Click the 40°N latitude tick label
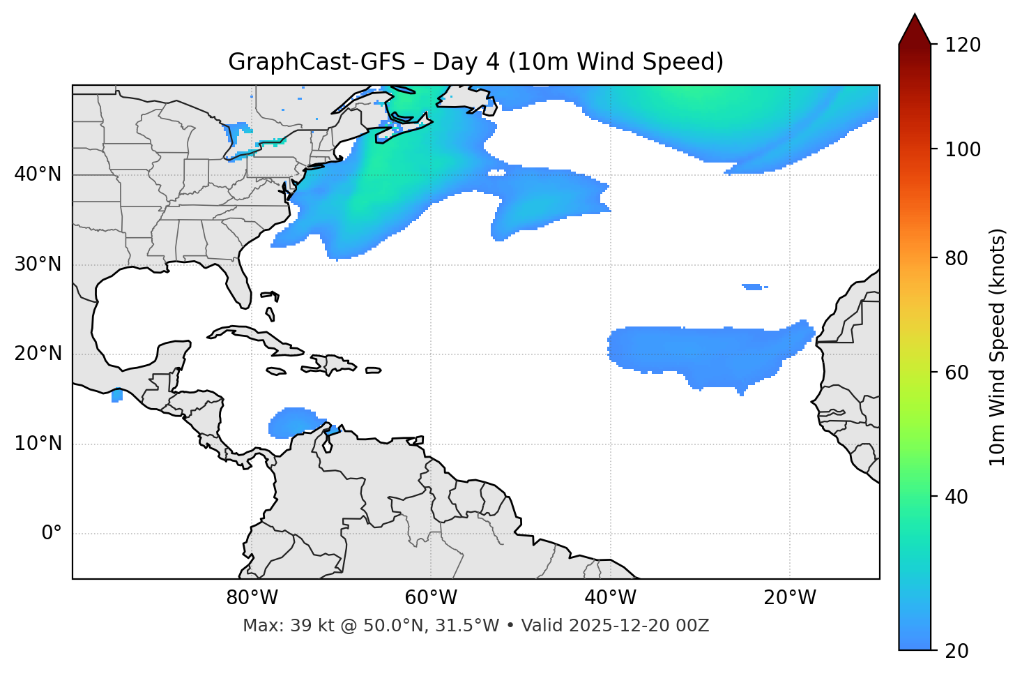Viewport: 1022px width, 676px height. [38, 174]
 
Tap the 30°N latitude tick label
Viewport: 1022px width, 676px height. [38, 264]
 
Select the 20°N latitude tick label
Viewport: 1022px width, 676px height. [38, 354]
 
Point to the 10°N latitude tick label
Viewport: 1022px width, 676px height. [38, 444]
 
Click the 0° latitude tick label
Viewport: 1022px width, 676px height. [52, 534]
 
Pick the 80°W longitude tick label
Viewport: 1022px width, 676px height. [252, 598]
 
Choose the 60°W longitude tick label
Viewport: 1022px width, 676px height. [431, 598]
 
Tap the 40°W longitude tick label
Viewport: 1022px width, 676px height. [610, 598]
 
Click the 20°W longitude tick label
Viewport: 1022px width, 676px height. [790, 598]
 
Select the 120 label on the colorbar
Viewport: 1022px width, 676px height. [963, 45]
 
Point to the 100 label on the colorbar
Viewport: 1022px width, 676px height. [963, 149]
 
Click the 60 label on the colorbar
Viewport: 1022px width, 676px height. [957, 373]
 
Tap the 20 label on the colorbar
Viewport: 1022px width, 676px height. [957, 651]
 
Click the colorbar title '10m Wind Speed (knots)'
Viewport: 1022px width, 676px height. [998, 347]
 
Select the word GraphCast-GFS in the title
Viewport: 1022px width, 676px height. [316, 62]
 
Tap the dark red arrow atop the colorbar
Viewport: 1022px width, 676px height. [915, 29]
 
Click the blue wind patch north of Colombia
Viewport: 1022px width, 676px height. [296, 422]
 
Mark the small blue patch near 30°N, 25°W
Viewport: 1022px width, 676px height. [754, 287]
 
